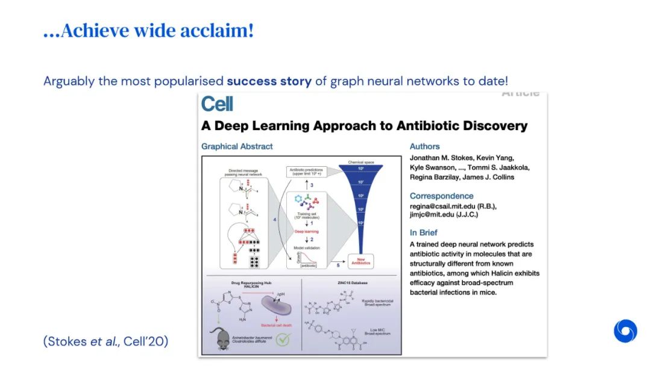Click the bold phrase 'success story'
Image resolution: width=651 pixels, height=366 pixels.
269,81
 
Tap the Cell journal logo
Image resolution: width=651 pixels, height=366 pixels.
217,104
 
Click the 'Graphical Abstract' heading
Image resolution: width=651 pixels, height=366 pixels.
237,146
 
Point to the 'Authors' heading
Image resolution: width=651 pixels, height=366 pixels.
424,146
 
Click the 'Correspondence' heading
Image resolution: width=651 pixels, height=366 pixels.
441,196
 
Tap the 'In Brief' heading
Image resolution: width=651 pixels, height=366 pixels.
423,232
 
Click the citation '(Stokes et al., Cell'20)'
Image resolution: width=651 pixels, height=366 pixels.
105,341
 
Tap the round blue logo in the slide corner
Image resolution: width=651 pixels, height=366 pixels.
625,331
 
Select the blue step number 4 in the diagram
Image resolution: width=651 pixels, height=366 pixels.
275,220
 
